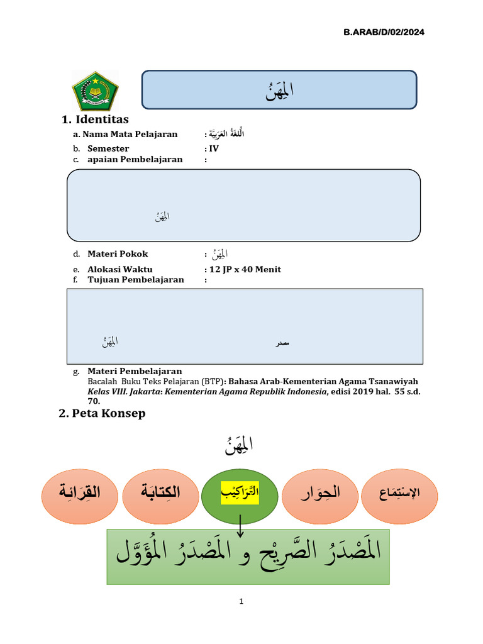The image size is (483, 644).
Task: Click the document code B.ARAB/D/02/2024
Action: (x=384, y=32)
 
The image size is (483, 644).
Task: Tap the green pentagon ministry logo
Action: (x=95, y=91)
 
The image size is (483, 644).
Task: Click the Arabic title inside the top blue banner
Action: (x=279, y=91)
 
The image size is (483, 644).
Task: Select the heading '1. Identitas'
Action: (x=95, y=119)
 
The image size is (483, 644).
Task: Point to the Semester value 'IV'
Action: (x=214, y=148)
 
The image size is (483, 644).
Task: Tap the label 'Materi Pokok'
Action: (x=118, y=254)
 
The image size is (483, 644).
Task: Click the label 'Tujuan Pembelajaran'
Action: (x=135, y=279)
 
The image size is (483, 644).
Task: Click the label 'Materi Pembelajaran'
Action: (x=135, y=371)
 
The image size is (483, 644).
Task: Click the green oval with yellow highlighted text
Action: (x=240, y=496)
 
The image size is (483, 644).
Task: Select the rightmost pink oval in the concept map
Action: (x=400, y=496)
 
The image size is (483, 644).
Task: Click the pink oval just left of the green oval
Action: (x=160, y=496)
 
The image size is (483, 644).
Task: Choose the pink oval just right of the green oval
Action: (x=320, y=496)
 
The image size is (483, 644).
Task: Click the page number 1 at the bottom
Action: (x=241, y=601)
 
